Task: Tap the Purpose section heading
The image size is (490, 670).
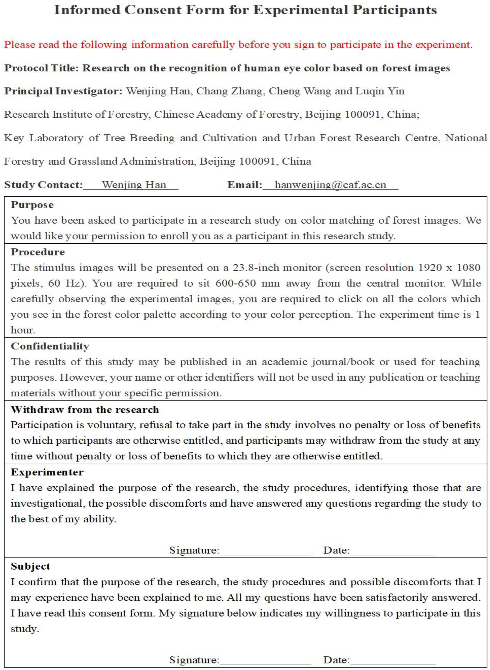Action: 32,205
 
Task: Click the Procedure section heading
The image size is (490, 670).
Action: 38,252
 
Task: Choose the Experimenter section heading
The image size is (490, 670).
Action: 47,472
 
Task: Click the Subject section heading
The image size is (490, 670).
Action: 31,566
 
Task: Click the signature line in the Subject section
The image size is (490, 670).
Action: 265,660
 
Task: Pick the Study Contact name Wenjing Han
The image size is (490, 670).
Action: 134,185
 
